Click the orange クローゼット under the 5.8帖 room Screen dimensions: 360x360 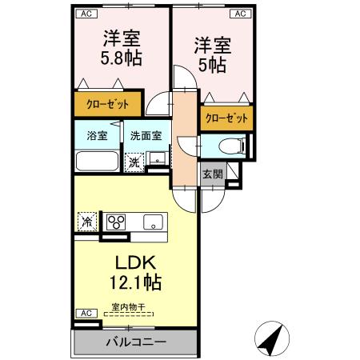107,105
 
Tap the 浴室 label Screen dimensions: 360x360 97,135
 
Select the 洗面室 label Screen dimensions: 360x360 146,135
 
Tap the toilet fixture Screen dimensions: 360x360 232,146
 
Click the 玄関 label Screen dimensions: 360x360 212,175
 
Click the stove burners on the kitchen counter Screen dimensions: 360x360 117,222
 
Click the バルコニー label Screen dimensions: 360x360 136,342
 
